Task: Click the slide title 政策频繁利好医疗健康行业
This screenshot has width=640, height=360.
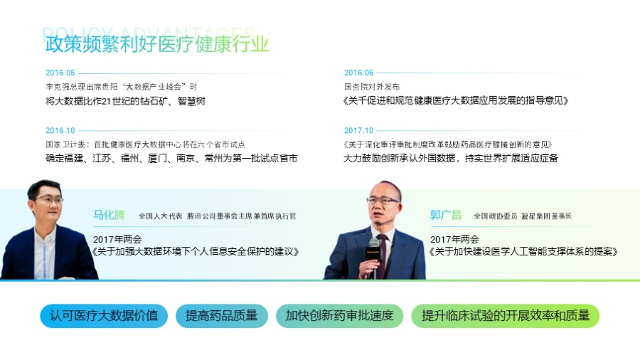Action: (x=157, y=43)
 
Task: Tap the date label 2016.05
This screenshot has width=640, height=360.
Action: (x=60, y=73)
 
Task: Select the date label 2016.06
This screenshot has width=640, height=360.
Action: (x=358, y=73)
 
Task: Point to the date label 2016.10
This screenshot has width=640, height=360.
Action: (x=60, y=130)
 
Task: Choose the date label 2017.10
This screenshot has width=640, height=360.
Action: (x=358, y=130)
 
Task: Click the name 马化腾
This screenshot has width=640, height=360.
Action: (x=108, y=215)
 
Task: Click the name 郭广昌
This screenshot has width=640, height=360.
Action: (x=445, y=215)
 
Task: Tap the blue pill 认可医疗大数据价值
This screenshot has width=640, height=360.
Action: (x=104, y=316)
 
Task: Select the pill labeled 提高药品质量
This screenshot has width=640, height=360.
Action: (x=221, y=316)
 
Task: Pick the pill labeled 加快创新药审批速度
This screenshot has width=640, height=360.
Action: (x=339, y=316)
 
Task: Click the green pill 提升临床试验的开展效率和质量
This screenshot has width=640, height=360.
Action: (x=506, y=316)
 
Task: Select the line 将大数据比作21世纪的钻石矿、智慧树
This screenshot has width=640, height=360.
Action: (x=125, y=101)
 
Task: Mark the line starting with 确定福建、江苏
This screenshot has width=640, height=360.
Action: (x=171, y=158)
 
